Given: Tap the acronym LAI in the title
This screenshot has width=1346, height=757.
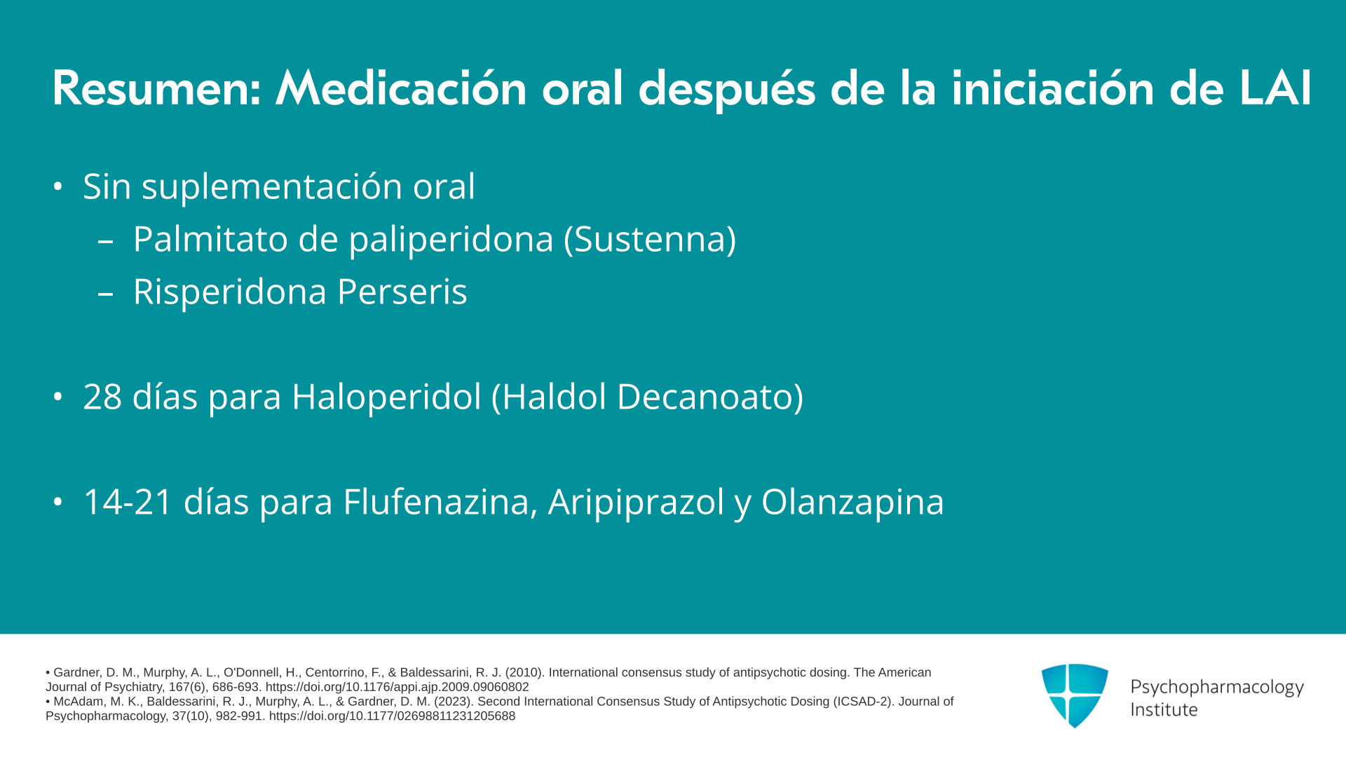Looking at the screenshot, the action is tap(1275, 88).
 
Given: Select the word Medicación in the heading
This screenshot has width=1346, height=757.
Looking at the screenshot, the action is tap(401, 88).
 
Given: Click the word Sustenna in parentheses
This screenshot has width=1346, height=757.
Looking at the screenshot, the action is tap(650, 239).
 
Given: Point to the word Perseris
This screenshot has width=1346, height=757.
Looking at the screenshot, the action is tap(402, 292).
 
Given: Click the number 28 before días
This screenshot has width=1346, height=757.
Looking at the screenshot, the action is tap(102, 397).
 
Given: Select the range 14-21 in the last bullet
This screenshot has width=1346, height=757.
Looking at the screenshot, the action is tap(128, 502).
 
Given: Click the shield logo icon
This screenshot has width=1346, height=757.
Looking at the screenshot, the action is tap(1075, 695).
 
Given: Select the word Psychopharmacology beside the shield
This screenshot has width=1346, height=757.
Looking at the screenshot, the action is tap(1217, 688).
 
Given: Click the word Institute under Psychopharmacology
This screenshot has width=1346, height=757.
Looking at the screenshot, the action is tap(1164, 709).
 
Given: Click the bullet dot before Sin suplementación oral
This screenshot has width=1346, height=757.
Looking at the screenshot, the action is tap(58, 187).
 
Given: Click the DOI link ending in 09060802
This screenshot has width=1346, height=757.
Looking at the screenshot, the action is tap(397, 687).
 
